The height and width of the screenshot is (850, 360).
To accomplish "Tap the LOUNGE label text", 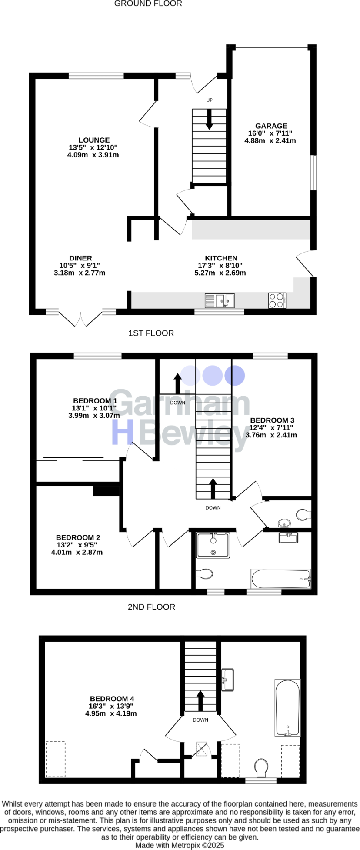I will tap(94, 140).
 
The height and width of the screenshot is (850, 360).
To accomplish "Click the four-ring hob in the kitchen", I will tap(277, 300).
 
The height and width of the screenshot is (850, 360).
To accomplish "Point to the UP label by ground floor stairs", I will tap(209, 100).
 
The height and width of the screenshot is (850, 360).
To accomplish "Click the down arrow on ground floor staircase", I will tap(209, 119).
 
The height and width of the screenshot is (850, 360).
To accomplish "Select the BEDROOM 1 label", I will tap(95, 401).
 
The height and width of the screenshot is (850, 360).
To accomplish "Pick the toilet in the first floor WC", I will tap(303, 515).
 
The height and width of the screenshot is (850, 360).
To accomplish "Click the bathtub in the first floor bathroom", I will tap(280, 579).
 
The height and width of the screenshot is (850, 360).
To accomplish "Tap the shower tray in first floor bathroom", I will tap(213, 545).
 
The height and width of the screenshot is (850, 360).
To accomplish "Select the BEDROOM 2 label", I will tap(78, 537).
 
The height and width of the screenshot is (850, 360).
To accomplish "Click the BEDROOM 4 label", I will tap(112, 699).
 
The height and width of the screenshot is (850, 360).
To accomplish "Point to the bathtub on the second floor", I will tap(287, 708).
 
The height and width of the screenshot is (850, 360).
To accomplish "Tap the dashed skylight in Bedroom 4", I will tap(56, 759).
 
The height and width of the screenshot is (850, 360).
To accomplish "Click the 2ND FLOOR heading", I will tap(151, 607).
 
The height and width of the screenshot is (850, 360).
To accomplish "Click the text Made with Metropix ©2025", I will tap(180, 845).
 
